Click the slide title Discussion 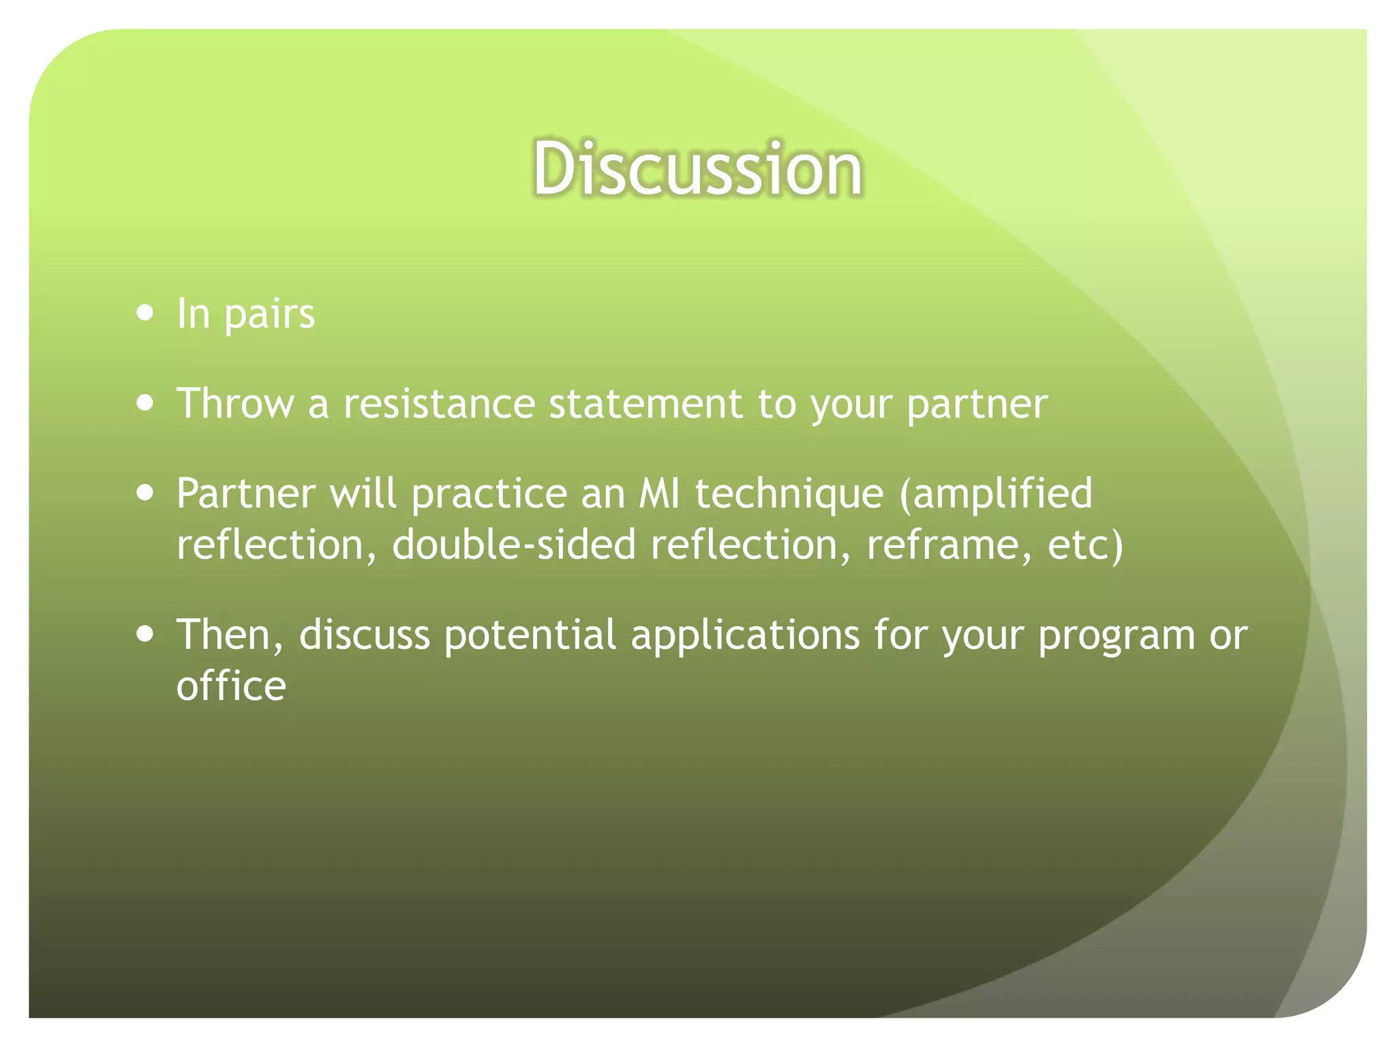pos(697,168)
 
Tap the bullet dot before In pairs pos(145,313)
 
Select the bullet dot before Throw pos(145,402)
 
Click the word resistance pos(439,404)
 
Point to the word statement pos(645,404)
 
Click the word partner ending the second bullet pos(977,405)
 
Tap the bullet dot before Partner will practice pos(145,492)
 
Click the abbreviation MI pos(659,494)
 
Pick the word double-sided pos(514,545)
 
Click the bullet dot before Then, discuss pos(145,634)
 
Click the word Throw pos(235,404)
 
